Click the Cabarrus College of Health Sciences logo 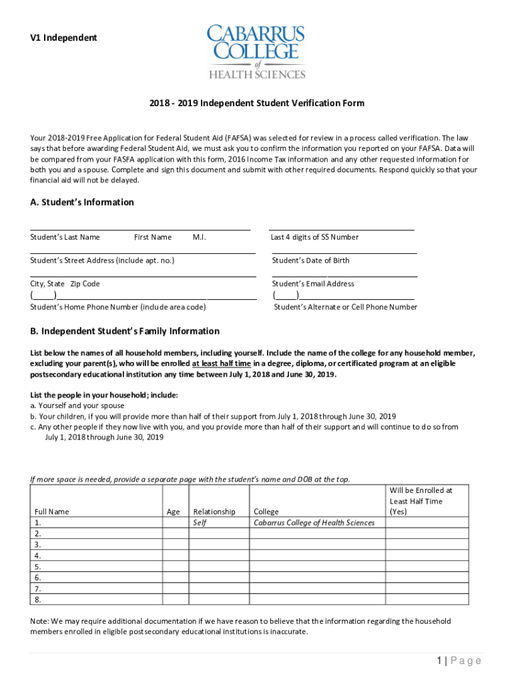click(256, 52)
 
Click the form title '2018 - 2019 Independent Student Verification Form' click(257, 104)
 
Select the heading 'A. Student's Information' click(82, 202)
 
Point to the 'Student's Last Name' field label click(65, 237)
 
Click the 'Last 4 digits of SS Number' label click(314, 237)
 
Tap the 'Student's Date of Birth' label click(310, 261)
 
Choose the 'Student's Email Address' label click(313, 284)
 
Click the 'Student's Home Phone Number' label click(118, 307)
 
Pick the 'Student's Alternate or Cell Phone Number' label click(346, 307)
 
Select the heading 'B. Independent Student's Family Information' click(125, 331)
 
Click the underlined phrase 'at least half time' click(222, 363)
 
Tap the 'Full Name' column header click(51, 512)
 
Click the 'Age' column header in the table click(174, 512)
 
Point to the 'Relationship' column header click(214, 512)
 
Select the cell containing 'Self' click(200, 523)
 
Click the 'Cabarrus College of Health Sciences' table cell click(314, 523)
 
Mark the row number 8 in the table click(37, 599)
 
